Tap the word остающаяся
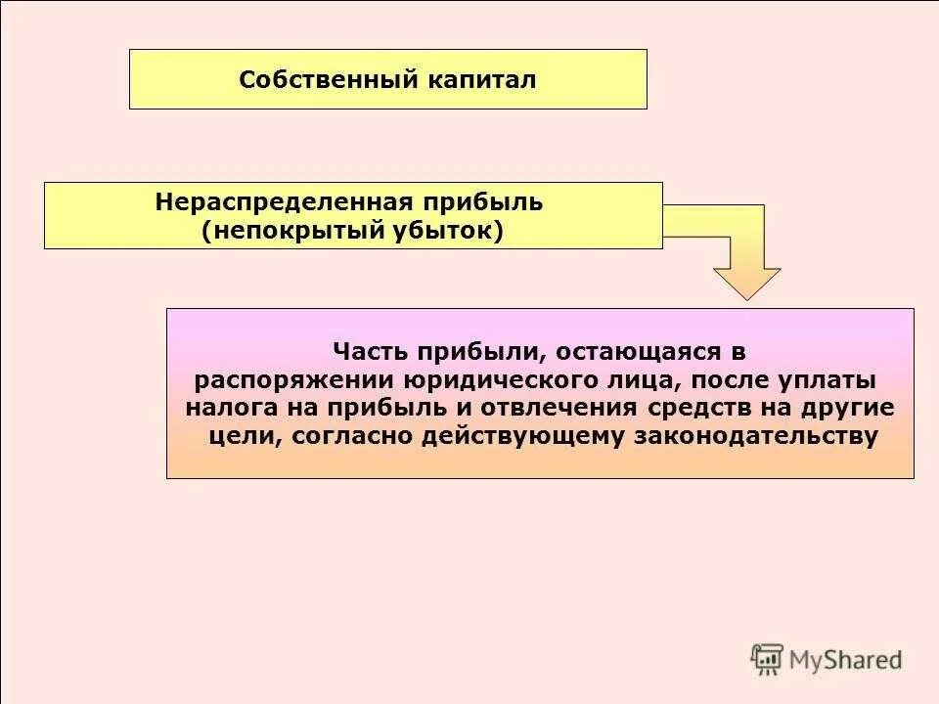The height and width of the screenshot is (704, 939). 624,350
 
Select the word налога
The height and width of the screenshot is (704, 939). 225,407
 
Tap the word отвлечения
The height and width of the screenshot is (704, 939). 554,407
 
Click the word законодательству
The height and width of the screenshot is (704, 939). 756,435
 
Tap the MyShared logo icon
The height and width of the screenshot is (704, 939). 767,659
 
